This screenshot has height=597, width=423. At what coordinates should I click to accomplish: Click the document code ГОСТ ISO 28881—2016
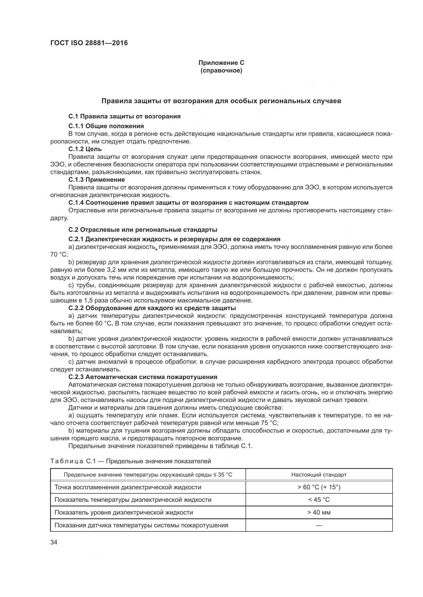click(89, 43)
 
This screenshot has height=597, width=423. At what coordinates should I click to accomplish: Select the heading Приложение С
click(221, 63)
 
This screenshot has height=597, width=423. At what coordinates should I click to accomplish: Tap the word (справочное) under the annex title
click(221, 71)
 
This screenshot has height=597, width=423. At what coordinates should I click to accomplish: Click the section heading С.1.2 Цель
click(85, 149)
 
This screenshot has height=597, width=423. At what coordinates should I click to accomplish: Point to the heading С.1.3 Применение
click(96, 180)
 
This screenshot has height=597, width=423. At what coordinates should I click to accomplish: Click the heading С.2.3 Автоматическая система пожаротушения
click(143, 377)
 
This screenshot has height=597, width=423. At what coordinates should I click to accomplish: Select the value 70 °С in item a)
click(59, 254)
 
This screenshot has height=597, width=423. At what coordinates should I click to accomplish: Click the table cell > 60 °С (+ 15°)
click(319, 487)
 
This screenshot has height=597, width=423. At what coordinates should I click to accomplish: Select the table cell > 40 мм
click(319, 512)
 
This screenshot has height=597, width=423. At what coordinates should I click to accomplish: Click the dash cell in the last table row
click(319, 525)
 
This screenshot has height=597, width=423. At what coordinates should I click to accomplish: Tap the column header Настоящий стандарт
click(319, 474)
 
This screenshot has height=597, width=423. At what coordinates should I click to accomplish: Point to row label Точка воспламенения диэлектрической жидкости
click(128, 487)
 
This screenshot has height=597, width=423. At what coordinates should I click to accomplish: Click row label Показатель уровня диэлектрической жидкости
click(124, 512)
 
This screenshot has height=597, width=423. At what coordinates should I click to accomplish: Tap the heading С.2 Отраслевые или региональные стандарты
click(143, 230)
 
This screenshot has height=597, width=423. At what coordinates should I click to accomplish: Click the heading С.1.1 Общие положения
click(106, 126)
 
